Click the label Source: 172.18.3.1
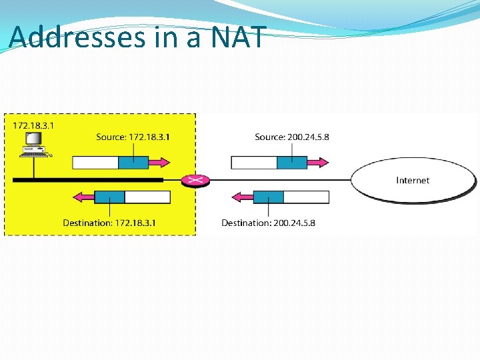133,137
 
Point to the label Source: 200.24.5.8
291,137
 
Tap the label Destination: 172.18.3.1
109,223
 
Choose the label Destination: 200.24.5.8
268,223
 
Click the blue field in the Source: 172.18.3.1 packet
133,163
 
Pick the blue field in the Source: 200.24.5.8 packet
292,163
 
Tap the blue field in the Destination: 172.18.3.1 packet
109,197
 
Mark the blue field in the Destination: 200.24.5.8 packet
269,197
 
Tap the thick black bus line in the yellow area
87,180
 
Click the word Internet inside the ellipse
413,180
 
